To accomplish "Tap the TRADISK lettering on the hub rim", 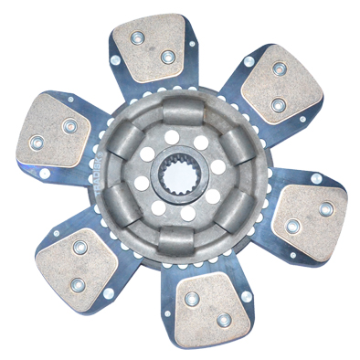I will coord(119,167).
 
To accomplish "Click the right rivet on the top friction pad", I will coord(167,58).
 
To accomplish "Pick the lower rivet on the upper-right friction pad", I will coord(278,105).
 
